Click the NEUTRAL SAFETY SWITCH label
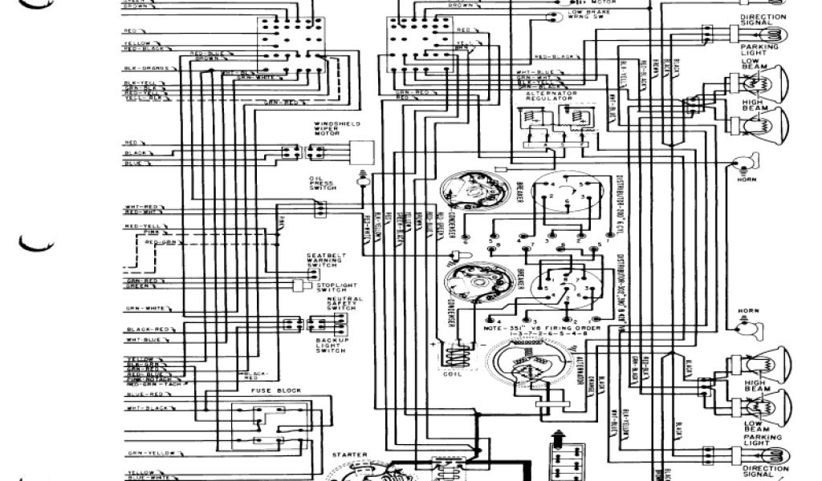[x=344, y=304]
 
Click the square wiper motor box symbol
[x=364, y=152]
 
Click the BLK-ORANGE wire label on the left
[x=145, y=69]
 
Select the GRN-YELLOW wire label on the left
[x=148, y=453]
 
